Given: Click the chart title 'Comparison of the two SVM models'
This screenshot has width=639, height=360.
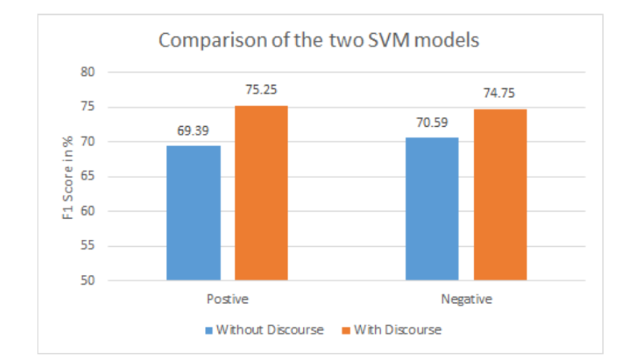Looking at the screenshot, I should (320, 41).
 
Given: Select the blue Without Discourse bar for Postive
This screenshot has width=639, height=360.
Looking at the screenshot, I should (193, 212).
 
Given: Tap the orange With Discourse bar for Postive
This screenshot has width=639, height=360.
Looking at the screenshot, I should (261, 192).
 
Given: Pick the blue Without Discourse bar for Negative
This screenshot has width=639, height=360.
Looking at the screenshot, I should (432, 208).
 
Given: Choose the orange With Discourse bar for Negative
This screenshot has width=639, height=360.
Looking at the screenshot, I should (500, 194).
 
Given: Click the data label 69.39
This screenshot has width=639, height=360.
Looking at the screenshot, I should (193, 129).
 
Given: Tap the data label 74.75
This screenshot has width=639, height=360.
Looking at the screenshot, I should (500, 93).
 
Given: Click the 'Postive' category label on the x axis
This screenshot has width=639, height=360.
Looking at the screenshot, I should (227, 300).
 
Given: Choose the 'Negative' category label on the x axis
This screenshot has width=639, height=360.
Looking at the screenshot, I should (466, 300).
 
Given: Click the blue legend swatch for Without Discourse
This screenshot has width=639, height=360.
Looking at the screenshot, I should (209, 330).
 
